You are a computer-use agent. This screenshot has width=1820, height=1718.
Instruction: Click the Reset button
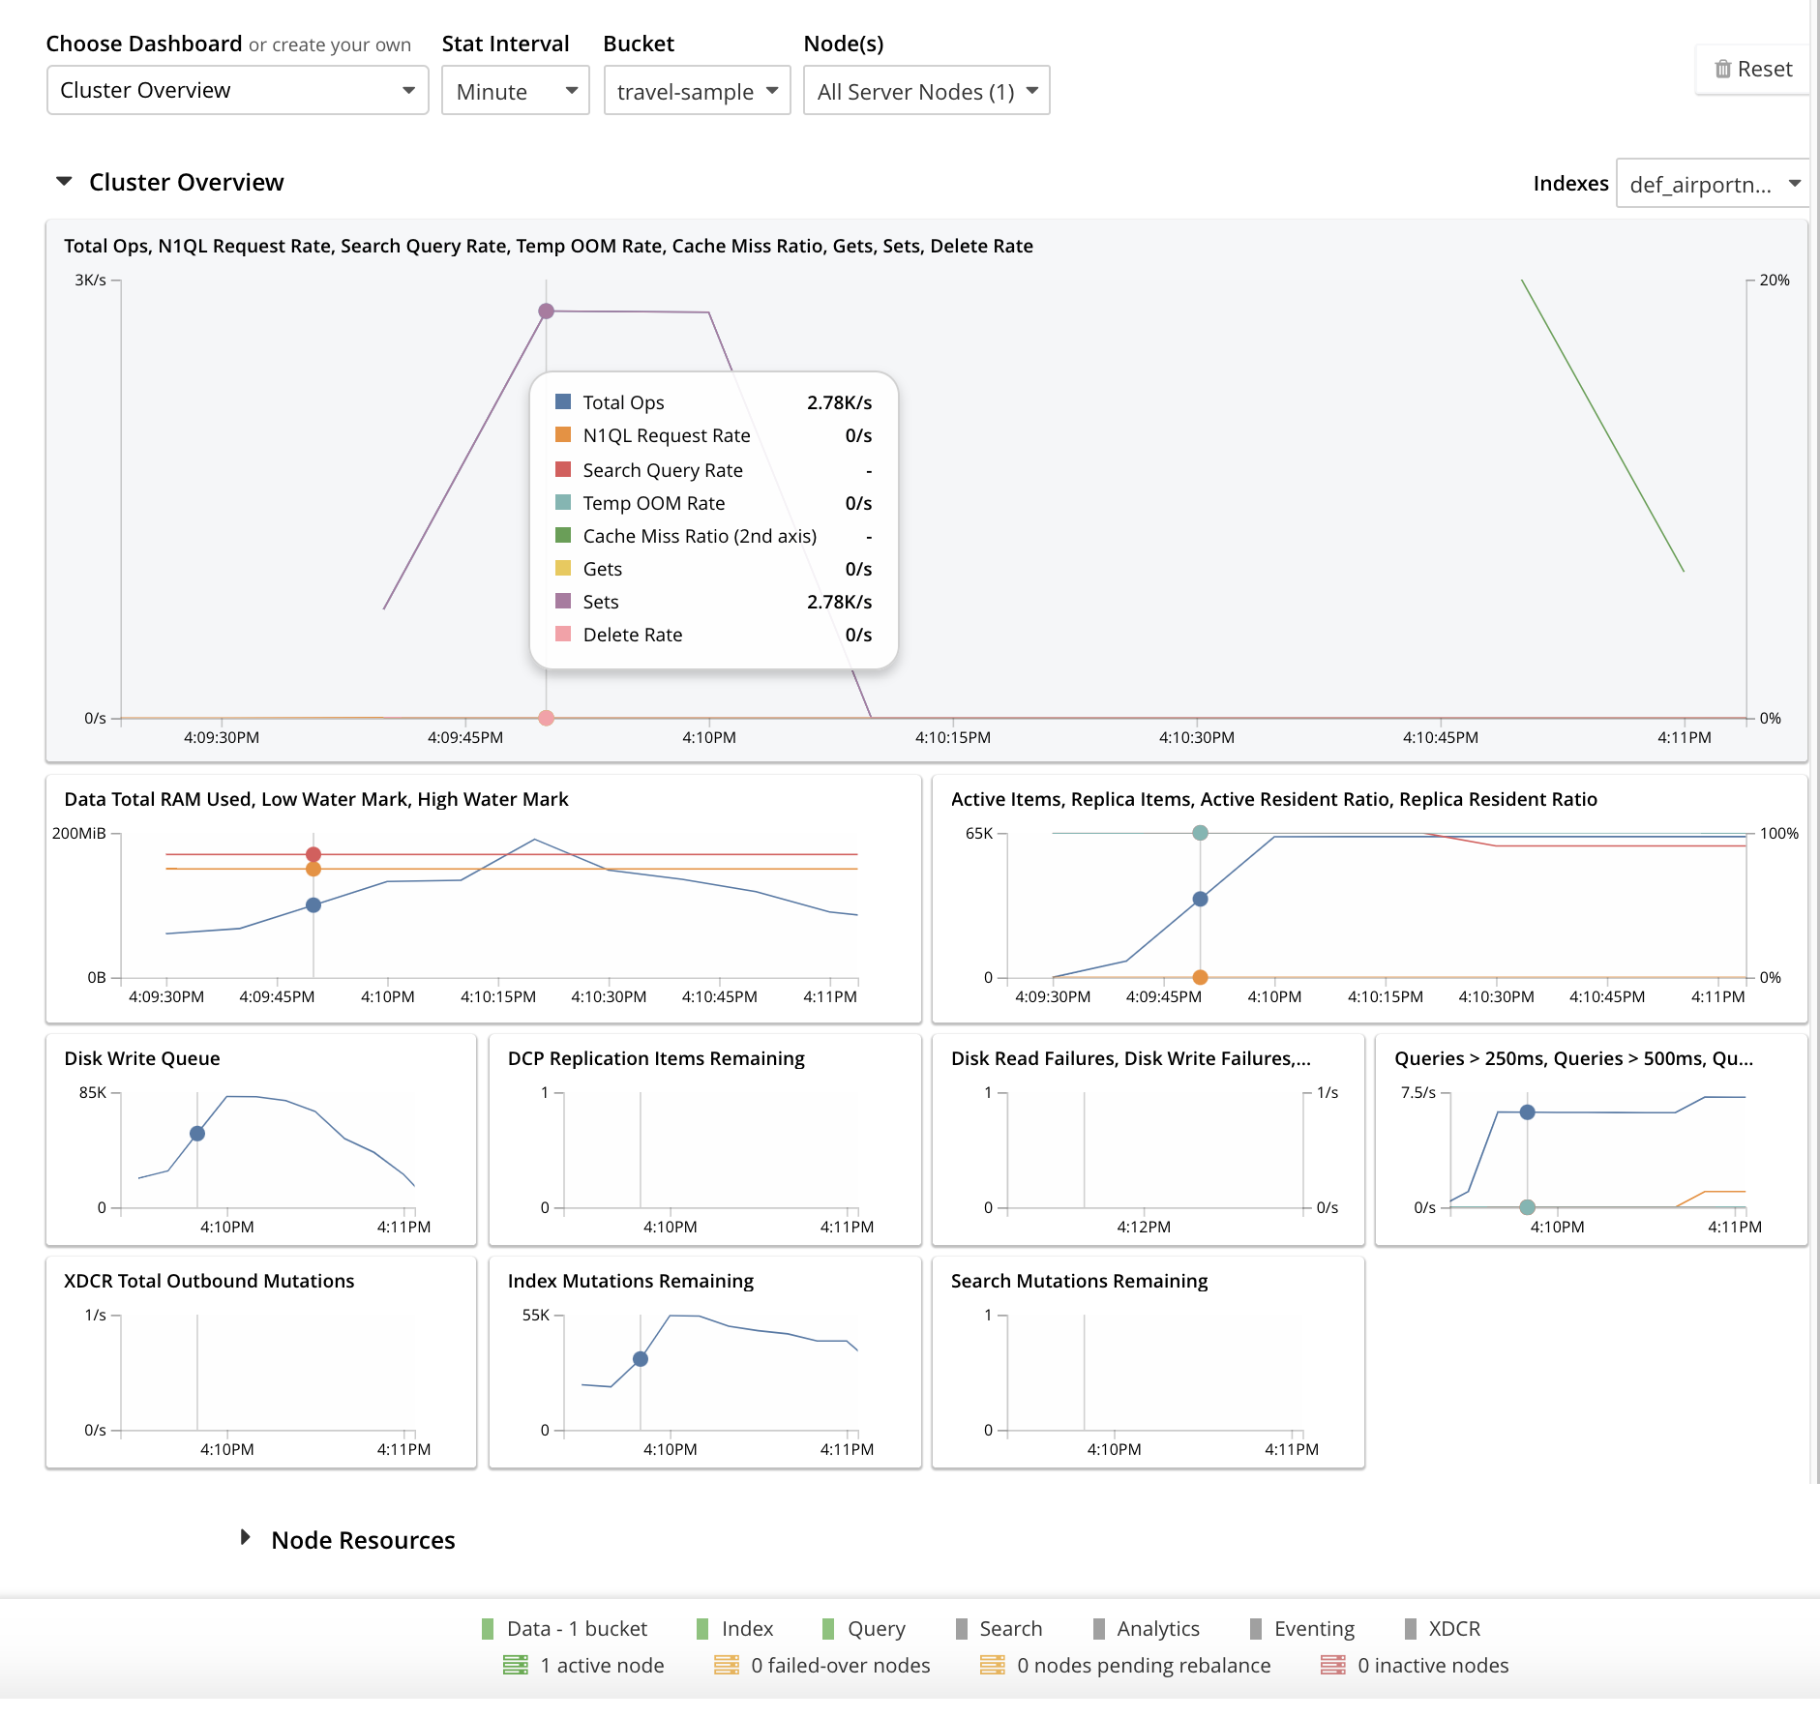pyautogui.click(x=1752, y=70)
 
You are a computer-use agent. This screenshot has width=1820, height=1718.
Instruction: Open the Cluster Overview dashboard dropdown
pyautogui.click(x=237, y=91)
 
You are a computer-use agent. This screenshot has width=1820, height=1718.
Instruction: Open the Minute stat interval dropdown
pyautogui.click(x=515, y=92)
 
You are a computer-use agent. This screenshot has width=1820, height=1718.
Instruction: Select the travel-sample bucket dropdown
pyautogui.click(x=697, y=92)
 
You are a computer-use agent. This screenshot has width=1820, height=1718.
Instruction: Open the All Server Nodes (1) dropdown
pyautogui.click(x=926, y=92)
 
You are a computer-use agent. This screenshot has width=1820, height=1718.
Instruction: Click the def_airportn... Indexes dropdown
pyautogui.click(x=1712, y=185)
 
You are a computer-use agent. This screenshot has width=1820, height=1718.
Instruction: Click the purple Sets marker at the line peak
pyautogui.click(x=547, y=311)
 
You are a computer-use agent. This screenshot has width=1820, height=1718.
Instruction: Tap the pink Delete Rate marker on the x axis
pyautogui.click(x=547, y=718)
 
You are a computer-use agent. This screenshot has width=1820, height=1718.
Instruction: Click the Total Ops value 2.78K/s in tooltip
pyautogui.click(x=839, y=402)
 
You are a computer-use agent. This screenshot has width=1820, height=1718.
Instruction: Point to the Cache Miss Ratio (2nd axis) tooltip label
pyautogui.click(x=700, y=536)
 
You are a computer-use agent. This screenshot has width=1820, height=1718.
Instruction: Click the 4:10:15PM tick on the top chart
pyautogui.click(x=953, y=737)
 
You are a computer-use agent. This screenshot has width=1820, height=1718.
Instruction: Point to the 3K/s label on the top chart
pyautogui.click(x=90, y=281)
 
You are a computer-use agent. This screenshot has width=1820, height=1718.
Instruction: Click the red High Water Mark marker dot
pyautogui.click(x=313, y=854)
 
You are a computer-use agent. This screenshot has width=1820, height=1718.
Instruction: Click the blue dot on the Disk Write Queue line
pyautogui.click(x=197, y=1134)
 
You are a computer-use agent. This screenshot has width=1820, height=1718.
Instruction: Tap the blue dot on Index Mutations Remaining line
pyautogui.click(x=641, y=1359)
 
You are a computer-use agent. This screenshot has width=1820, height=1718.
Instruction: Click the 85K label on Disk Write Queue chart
pyautogui.click(x=93, y=1092)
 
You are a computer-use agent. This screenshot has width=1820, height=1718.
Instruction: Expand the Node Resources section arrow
pyautogui.click(x=246, y=1537)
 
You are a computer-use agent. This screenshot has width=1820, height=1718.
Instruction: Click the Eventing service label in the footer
pyautogui.click(x=1313, y=1629)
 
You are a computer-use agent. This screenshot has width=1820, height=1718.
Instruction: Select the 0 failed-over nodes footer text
pyautogui.click(x=840, y=1666)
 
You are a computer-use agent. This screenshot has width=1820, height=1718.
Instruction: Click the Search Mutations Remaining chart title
pyautogui.click(x=1079, y=1281)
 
